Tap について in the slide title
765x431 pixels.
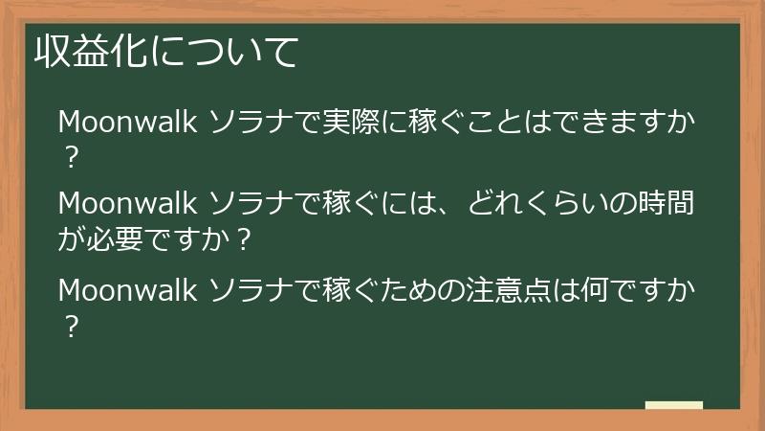click(x=223, y=54)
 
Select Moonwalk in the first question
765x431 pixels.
click(x=127, y=123)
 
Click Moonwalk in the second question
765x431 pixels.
click(x=127, y=204)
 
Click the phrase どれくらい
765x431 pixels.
click(x=546, y=204)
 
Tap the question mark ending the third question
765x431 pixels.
click(x=70, y=324)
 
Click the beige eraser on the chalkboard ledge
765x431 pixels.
click(x=673, y=406)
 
